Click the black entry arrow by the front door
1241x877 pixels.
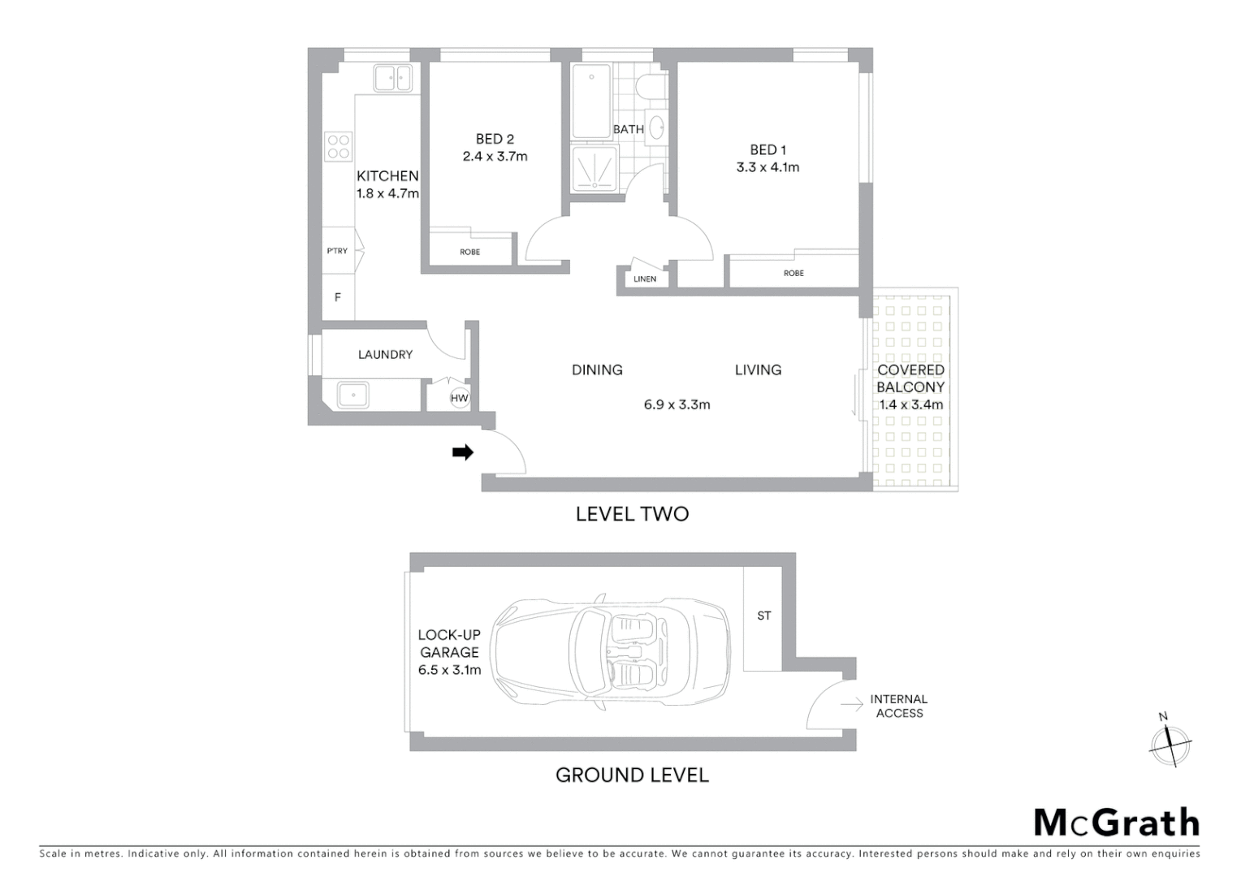point(463,452)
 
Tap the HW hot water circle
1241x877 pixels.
point(460,398)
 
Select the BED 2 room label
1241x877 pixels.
point(495,139)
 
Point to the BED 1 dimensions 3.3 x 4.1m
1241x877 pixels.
point(768,167)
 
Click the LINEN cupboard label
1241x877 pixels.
point(645,279)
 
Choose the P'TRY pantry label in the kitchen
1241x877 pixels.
point(337,251)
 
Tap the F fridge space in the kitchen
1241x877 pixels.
point(338,297)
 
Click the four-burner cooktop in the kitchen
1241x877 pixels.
point(339,146)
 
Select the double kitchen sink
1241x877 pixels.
point(393,79)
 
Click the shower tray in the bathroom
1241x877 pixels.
point(594,169)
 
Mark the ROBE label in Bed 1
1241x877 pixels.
point(793,273)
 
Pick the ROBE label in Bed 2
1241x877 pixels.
point(469,252)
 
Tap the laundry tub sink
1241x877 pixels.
point(353,395)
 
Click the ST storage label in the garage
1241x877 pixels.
point(763,616)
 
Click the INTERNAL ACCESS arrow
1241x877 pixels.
point(852,705)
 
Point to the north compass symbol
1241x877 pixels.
point(1170,741)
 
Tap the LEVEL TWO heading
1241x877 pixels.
point(632,513)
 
